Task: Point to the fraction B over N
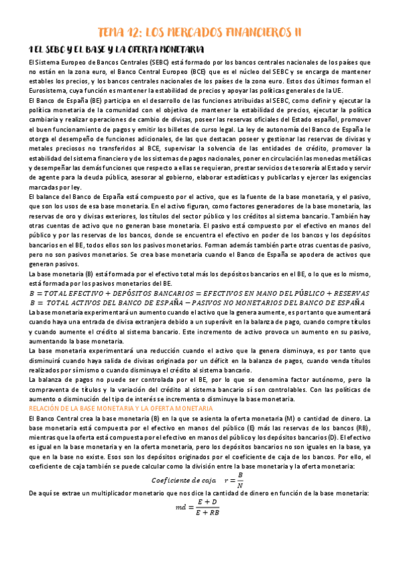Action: pyautogui.click(x=240, y=480)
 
